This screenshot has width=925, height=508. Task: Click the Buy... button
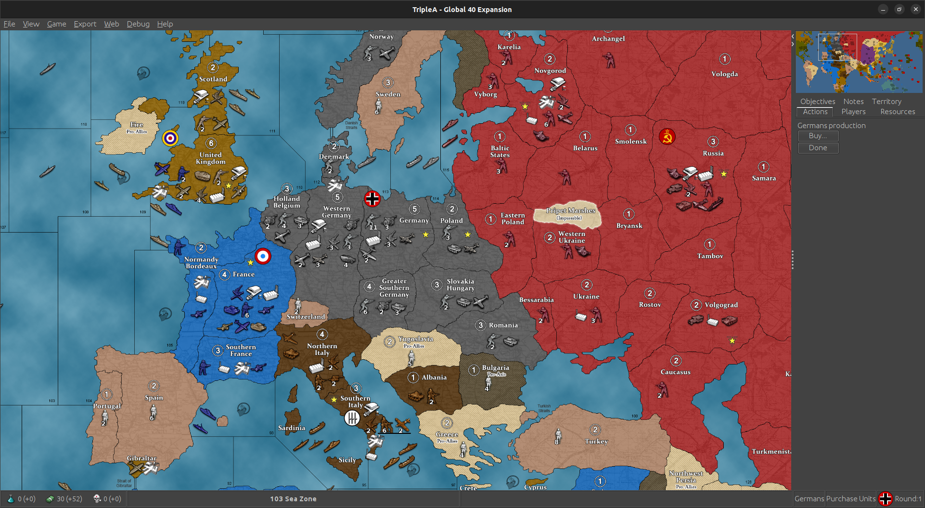point(818,136)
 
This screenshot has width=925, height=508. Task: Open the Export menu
point(85,24)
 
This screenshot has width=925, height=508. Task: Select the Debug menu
point(138,24)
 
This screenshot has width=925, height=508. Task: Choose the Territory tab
point(886,102)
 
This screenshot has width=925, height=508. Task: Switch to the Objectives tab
point(817,102)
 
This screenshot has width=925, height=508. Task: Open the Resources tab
point(898,112)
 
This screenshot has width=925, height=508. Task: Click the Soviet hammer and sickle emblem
point(667,137)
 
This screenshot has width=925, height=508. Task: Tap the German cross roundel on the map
point(372,198)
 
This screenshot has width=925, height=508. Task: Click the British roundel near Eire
point(170,138)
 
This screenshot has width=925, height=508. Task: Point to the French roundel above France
point(263,256)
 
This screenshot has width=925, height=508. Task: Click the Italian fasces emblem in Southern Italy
point(352,418)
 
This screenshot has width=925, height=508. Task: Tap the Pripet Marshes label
point(570,210)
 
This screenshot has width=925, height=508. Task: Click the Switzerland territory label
point(306,316)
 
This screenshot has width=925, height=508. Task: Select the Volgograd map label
point(721,305)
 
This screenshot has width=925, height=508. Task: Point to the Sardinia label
point(292,428)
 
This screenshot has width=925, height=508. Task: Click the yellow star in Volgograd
point(732,341)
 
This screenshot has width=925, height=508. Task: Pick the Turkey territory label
point(596,441)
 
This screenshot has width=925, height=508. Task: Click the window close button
point(915,9)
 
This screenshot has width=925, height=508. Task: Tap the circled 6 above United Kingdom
point(211,143)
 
